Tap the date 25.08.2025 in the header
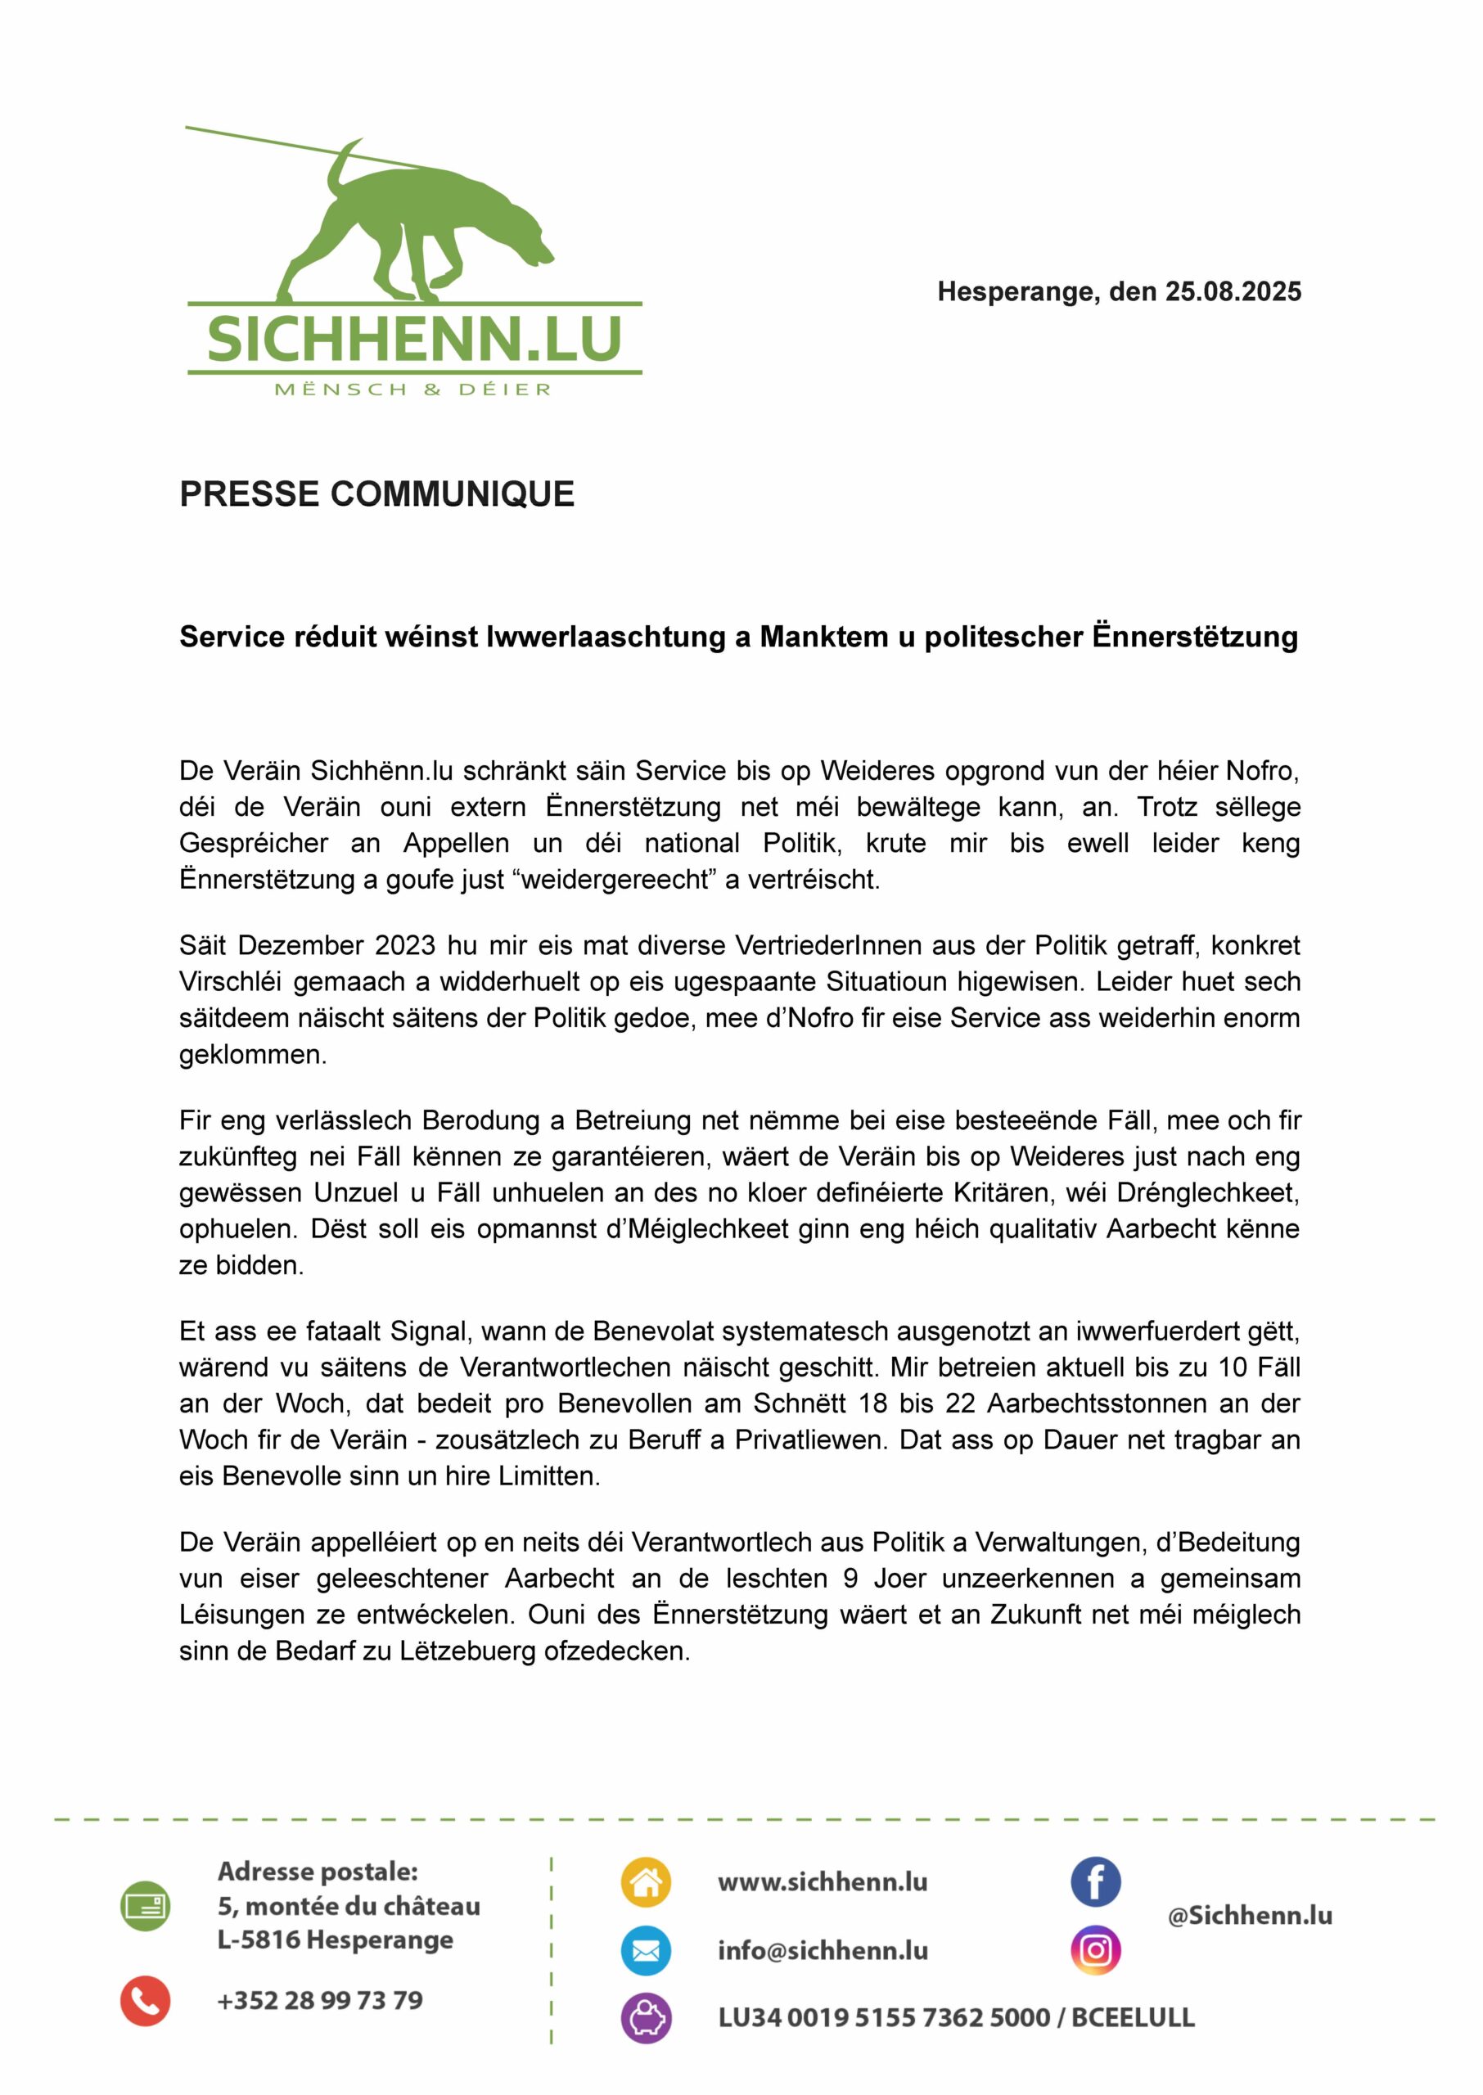1232,292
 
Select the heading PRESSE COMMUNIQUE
376,493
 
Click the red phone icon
145,2001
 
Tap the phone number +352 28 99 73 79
320,2001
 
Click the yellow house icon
646,1882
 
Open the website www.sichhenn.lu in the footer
822,1882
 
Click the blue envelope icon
646,1951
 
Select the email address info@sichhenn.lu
822,1951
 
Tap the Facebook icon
1095,1882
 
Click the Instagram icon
1095,1951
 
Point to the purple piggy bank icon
646,2018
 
